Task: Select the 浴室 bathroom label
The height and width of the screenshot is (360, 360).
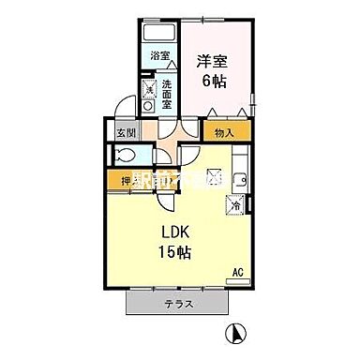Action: pyautogui.click(x=160, y=55)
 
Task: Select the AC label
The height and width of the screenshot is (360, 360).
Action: pyautogui.click(x=238, y=273)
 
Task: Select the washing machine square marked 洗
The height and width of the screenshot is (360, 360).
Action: pyautogui.click(x=148, y=90)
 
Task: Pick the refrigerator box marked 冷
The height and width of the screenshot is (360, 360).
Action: pyautogui.click(x=232, y=202)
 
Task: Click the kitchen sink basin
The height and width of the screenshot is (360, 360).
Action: pyautogui.click(x=239, y=179)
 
